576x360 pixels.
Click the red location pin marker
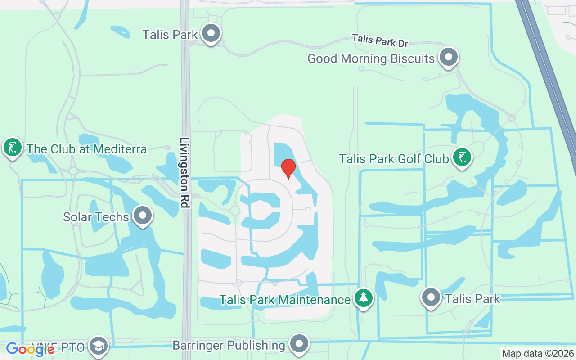click(x=288, y=168)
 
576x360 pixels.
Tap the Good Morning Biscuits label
click(x=371, y=58)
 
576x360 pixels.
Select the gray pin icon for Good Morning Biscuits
click(x=448, y=57)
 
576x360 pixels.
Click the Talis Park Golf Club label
click(x=394, y=159)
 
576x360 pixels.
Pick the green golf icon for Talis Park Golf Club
click(x=462, y=157)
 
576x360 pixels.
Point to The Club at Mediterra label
click(x=86, y=149)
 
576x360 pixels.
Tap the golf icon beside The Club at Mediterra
click(x=13, y=148)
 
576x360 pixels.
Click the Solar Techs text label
click(x=96, y=217)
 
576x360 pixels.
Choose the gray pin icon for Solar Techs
click(x=143, y=216)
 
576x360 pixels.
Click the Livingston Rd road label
click(x=184, y=173)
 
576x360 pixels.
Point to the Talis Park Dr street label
click(x=380, y=40)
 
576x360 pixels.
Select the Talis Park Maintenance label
click(x=285, y=300)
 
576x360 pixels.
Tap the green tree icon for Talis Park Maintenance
click(x=363, y=298)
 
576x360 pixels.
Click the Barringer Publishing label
click(x=229, y=346)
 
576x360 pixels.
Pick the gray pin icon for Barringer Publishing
click(x=299, y=344)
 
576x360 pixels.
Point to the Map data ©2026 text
click(x=538, y=354)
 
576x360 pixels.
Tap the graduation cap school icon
click(x=99, y=346)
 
